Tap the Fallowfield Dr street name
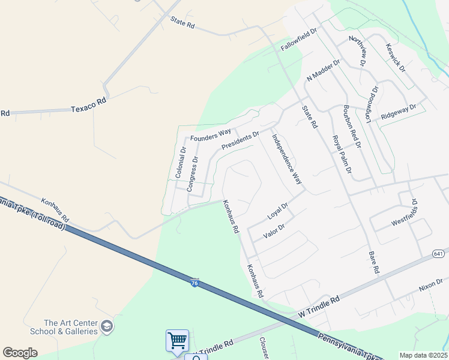point(298,40)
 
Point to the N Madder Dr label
point(323,70)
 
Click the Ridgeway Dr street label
point(398,112)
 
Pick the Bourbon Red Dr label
point(351,127)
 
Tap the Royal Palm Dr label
point(342,154)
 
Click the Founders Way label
point(211,135)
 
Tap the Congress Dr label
point(192,173)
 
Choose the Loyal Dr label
point(278,211)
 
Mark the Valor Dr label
point(273,230)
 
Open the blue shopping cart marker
point(178,340)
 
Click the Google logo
point(20,353)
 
